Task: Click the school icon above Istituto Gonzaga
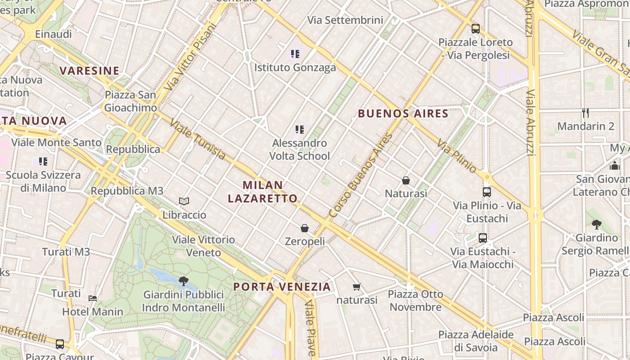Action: pos(295,54)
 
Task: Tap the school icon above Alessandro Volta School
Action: pos(300,130)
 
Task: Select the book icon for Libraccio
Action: pos(184,201)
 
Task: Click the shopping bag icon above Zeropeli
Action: pos(305,228)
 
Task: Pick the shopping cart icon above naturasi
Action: pos(357,287)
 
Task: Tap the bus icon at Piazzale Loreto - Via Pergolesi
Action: pos(476,29)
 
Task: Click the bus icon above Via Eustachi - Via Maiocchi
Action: pos(483,238)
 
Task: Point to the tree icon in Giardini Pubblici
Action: pos(183,281)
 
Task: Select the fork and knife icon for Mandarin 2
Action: pos(585,112)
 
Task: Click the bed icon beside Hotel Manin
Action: pos(93,298)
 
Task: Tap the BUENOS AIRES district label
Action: pos(403,113)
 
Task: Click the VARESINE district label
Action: pos(90,71)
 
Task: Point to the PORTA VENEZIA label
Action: pos(282,287)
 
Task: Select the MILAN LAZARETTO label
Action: pos(263,192)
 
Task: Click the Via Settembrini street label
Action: pos(345,20)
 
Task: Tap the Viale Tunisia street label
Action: pos(198,139)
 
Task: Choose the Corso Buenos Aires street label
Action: pos(360,176)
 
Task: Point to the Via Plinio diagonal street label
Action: pos(456,156)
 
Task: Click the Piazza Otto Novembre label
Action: pos(415,301)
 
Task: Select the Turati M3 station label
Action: pos(66,252)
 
